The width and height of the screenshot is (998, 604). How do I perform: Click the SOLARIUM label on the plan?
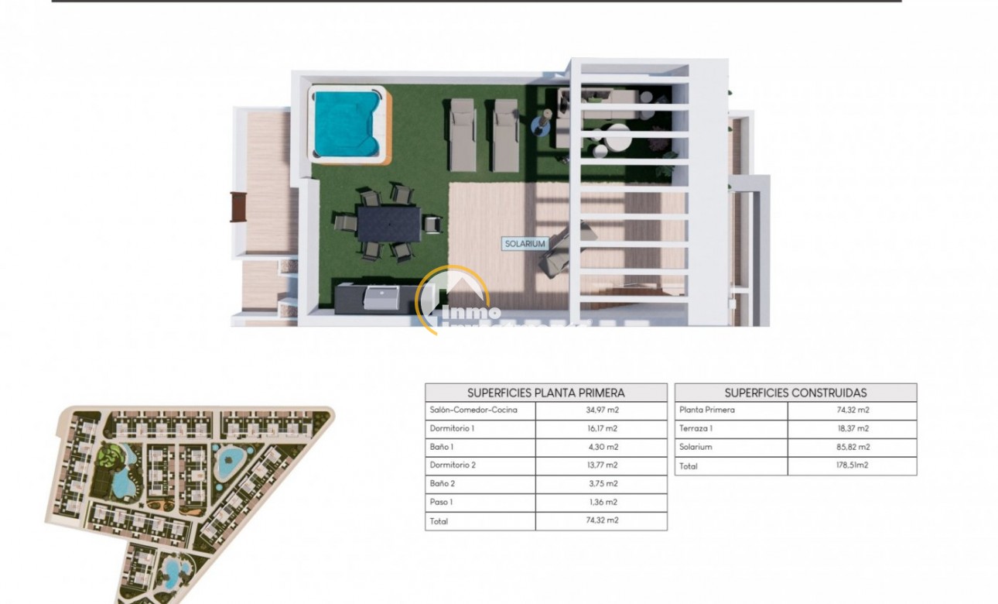point(525,243)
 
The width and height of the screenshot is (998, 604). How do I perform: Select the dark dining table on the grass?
point(389,223)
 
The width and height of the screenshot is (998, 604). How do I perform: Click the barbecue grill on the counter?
point(381,297)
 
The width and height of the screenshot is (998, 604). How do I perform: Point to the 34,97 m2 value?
point(600,410)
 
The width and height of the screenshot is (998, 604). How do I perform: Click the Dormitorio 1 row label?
point(452,428)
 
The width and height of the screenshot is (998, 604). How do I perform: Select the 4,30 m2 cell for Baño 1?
point(600,447)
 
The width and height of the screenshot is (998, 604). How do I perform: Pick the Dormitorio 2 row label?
point(453,465)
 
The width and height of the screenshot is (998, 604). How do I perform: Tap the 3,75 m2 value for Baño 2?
point(600,484)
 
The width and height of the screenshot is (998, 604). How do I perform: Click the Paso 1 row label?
point(440,503)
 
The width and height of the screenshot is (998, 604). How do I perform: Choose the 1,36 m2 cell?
point(600,503)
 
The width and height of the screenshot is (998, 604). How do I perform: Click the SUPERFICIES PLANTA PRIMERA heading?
point(545,393)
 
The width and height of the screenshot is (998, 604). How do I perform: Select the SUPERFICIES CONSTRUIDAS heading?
point(795,393)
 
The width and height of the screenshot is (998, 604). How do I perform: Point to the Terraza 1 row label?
point(696,428)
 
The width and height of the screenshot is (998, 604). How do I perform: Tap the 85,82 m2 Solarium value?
point(852,447)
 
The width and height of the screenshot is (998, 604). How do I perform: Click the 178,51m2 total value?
point(852,466)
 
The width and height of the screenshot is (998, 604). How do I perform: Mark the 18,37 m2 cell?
point(852,428)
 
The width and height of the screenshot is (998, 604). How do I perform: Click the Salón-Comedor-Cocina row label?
point(473,410)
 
